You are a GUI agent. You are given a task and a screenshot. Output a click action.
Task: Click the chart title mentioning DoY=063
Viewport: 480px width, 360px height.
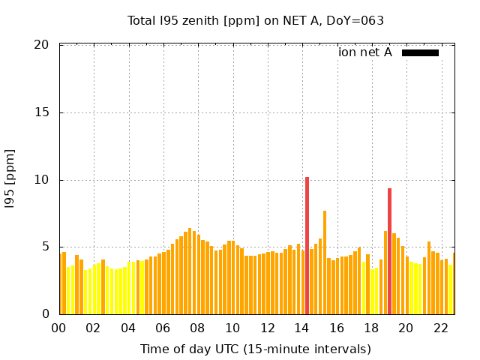coord(256,20)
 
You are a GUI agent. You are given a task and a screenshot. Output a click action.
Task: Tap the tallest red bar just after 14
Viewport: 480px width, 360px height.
coord(307,245)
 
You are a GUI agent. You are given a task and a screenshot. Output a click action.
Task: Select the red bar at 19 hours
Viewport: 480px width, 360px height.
coord(389,251)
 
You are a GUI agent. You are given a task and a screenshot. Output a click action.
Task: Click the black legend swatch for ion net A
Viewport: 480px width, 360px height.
coord(420,52)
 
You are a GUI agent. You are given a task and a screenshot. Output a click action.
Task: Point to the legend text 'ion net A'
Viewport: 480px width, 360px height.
coord(365,52)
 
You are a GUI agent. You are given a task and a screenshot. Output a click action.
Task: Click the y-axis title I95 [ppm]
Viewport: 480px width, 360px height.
coord(10,180)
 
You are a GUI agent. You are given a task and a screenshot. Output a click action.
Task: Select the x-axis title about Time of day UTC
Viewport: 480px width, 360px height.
coord(256,349)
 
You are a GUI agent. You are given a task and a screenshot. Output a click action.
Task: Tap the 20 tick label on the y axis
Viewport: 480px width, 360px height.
coord(42,45)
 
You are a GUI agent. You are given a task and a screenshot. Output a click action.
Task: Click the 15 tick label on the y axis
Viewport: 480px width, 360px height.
coord(42,112)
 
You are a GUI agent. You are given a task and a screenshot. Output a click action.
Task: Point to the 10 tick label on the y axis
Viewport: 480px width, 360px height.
coord(42,180)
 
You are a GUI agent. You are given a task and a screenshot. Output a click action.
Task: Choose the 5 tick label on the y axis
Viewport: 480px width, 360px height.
coord(45,247)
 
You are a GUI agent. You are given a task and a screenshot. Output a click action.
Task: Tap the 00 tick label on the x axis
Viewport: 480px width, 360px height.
coord(58,328)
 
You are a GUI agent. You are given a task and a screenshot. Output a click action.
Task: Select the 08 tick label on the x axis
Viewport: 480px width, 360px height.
coord(197,328)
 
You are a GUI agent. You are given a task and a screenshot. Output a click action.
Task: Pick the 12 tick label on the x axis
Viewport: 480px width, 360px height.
coord(267,328)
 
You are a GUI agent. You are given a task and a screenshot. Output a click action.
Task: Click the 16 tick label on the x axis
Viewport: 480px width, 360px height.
coord(337,328)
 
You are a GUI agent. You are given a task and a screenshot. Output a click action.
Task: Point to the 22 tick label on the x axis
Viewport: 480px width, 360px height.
coord(441,328)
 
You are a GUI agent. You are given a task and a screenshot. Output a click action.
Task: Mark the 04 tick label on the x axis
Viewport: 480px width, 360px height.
coord(128,328)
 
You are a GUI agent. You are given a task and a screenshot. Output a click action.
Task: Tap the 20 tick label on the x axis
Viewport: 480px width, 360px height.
coord(406,328)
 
